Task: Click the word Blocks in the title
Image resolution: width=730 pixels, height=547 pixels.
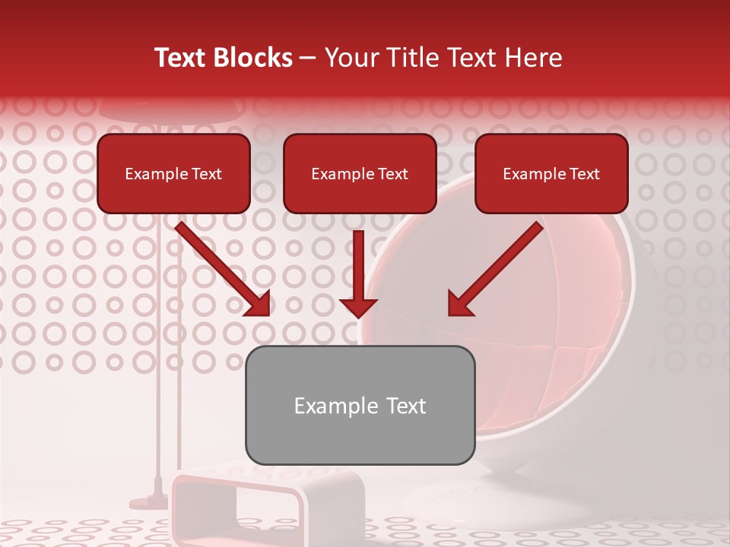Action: [x=253, y=58]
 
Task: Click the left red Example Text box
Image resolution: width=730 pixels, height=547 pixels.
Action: [x=173, y=173]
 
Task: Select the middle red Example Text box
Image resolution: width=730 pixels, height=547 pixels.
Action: [x=360, y=173]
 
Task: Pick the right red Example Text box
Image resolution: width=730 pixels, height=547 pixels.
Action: [x=551, y=173]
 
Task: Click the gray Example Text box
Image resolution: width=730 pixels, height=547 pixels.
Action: [x=360, y=405]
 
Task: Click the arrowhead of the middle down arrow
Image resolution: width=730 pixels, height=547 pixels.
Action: [x=358, y=307]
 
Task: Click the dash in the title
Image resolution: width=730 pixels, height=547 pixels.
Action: [x=308, y=58]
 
